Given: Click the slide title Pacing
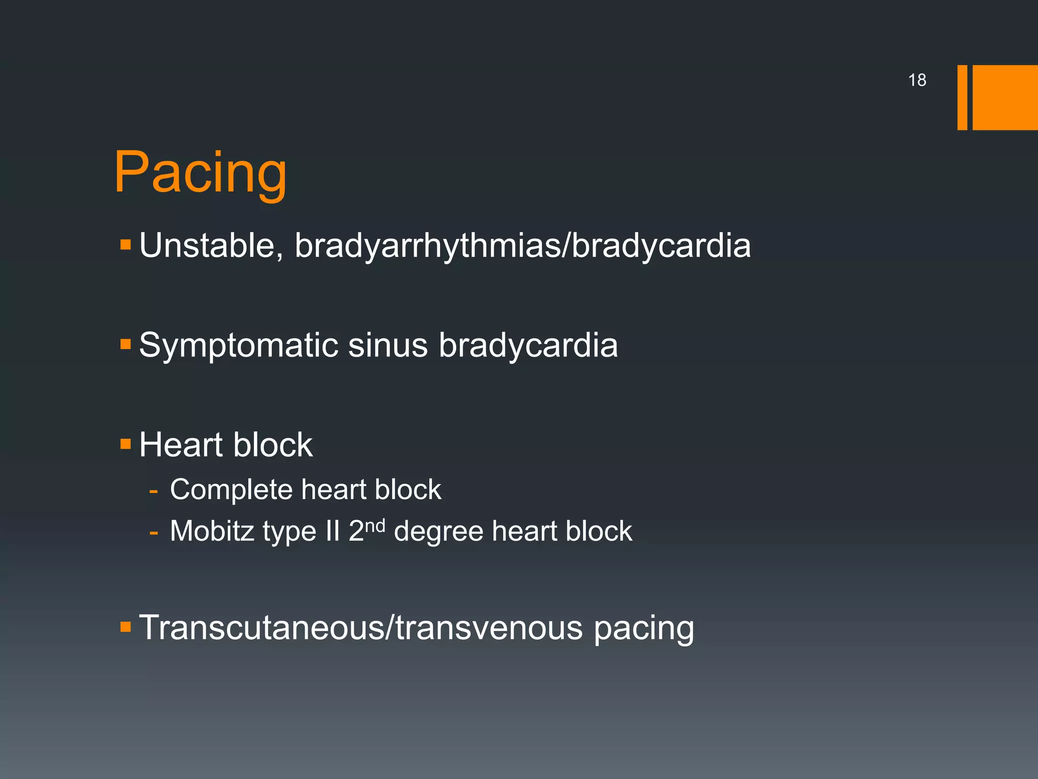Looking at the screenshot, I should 200,173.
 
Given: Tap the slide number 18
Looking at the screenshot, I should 917,80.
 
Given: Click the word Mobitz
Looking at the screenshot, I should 212,531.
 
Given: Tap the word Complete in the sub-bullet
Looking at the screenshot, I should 231,490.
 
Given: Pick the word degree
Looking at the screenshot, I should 438,532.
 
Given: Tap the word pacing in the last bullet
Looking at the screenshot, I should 643,628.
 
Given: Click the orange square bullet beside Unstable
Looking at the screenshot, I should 126,246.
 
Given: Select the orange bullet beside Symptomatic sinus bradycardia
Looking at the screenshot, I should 126,345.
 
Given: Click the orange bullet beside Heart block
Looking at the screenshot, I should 126,445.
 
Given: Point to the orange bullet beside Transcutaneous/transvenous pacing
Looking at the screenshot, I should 126,627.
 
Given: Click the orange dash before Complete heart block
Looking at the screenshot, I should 154,491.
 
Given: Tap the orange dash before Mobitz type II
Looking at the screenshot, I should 154,533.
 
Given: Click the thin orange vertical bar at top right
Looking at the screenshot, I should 962,97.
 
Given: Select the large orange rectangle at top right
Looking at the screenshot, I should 1005,97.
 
